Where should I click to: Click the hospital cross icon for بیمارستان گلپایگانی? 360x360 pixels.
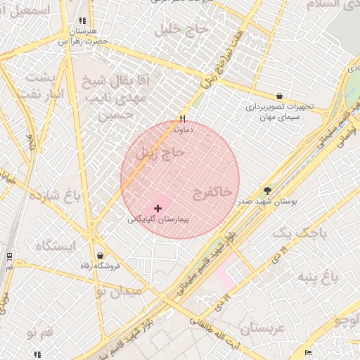click(157, 208)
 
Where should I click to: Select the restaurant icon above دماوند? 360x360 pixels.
click(183, 120)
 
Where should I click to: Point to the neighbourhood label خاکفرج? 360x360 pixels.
click(212, 191)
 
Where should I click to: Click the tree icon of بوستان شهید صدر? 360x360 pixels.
click(267, 191)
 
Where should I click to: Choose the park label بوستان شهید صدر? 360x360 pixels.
click(268, 201)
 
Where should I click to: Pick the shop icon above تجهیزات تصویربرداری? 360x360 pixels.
click(280, 96)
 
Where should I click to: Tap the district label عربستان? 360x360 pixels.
click(261, 328)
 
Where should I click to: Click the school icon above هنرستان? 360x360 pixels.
click(83, 21)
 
